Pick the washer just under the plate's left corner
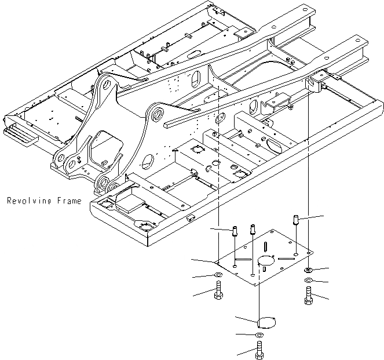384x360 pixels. [x=218, y=274]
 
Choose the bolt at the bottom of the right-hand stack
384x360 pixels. [x=308, y=295]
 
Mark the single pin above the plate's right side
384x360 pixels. [x=296, y=220]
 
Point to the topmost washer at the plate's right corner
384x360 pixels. [x=308, y=270]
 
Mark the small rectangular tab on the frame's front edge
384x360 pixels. [x=189, y=219]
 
